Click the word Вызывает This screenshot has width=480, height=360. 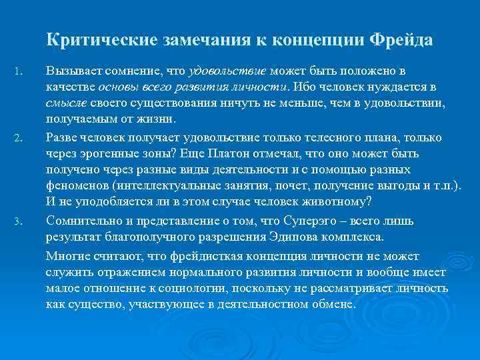[x=69, y=71]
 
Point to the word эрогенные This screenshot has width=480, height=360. [x=106, y=153]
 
